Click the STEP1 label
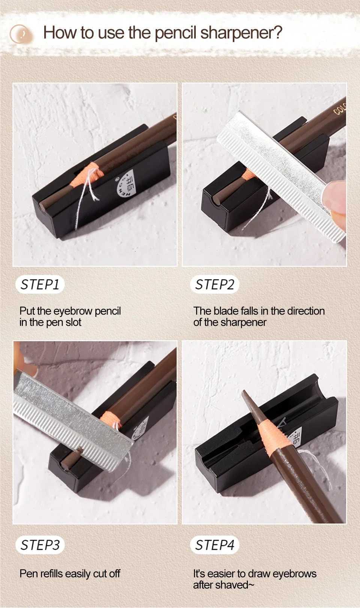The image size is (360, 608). click(40, 285)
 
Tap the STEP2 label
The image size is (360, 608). click(214, 285)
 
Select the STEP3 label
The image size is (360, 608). click(40, 545)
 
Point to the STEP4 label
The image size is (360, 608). click(214, 545)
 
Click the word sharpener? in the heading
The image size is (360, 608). click(241, 33)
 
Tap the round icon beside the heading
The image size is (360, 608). click(21, 34)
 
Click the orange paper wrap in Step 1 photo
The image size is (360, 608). click(91, 176)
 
